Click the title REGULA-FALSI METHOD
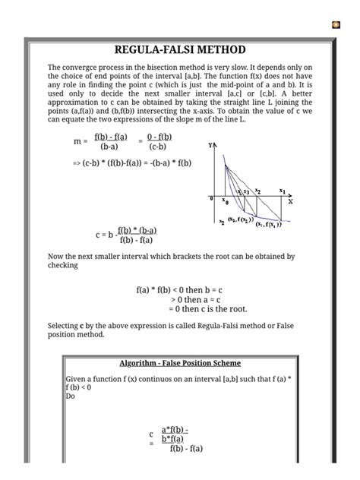[x=180, y=50]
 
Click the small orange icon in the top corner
[x=336, y=25]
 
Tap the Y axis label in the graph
[x=210, y=144]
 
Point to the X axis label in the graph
[x=290, y=201]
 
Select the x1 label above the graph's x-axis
[x=283, y=191]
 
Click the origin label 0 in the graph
[x=211, y=198]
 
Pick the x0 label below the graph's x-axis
[x=225, y=203]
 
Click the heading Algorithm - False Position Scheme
[x=179, y=362]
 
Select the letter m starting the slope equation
[x=77, y=141]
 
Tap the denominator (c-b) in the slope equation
[x=158, y=147]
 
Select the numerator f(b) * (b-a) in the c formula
[x=137, y=230]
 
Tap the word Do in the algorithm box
[x=71, y=396]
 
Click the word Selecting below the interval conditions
[x=67, y=325]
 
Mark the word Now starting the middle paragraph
[x=57, y=257]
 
